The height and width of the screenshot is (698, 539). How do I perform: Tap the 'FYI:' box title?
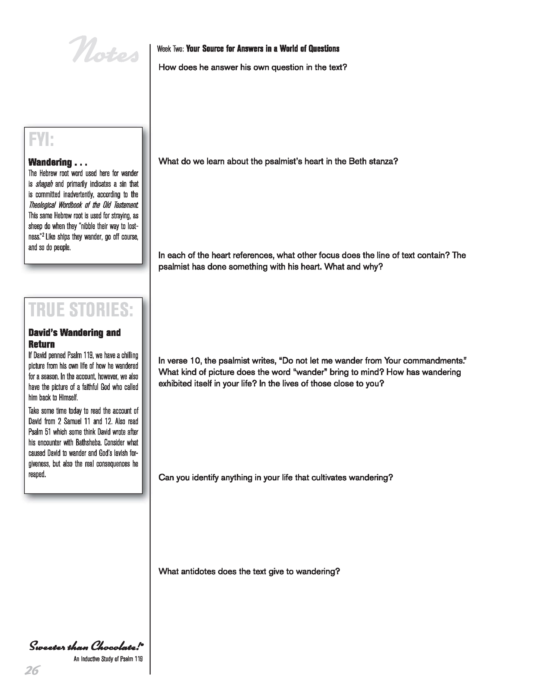41,140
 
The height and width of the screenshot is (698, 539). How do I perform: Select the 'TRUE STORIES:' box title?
81,310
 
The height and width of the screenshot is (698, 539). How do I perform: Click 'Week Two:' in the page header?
170,49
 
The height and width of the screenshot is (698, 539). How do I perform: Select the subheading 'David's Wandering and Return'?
74,338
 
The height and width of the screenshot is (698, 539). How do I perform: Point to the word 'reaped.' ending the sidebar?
37,475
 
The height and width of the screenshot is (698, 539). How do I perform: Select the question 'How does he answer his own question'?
253,68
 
